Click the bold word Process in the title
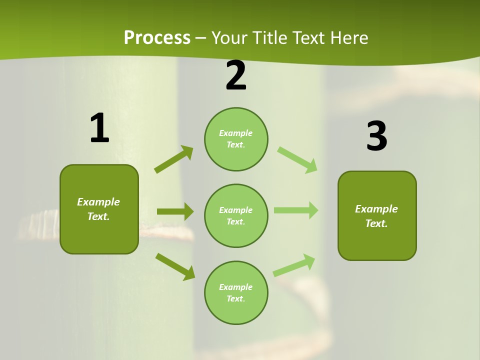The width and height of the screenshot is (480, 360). (x=157, y=37)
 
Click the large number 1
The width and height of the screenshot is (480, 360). (x=99, y=128)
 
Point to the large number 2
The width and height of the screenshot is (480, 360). (x=236, y=76)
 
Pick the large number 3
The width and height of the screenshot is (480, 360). (x=376, y=136)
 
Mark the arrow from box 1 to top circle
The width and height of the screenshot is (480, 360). (x=174, y=159)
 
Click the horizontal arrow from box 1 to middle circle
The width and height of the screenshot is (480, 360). (x=175, y=211)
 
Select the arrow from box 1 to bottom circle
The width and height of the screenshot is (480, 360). (x=175, y=266)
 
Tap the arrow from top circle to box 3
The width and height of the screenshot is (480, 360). (x=297, y=159)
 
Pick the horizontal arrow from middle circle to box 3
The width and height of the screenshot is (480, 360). (x=295, y=210)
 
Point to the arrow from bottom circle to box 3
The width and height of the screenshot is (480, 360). (x=294, y=265)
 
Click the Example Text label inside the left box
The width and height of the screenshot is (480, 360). (x=98, y=209)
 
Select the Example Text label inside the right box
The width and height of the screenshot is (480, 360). (x=376, y=216)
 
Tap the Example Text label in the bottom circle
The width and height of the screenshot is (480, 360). (x=235, y=293)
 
